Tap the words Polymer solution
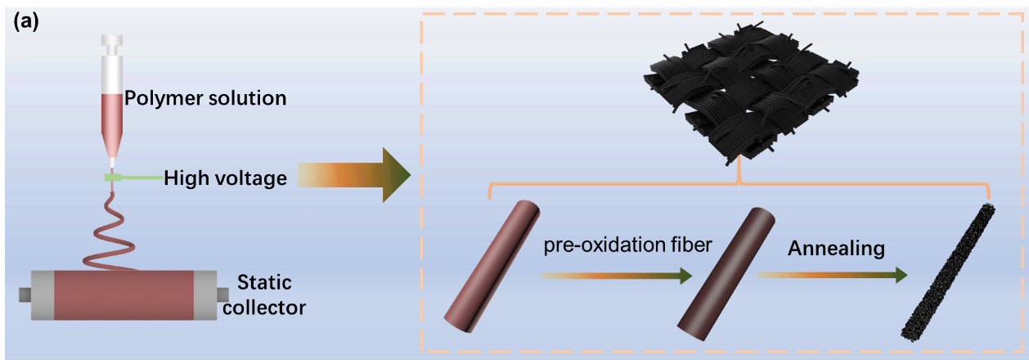point(205,99)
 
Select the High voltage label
point(225,178)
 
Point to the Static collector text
point(271,295)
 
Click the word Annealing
point(837,248)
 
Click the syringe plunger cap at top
point(112,40)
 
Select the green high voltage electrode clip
point(113,178)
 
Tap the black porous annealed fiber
point(947,270)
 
